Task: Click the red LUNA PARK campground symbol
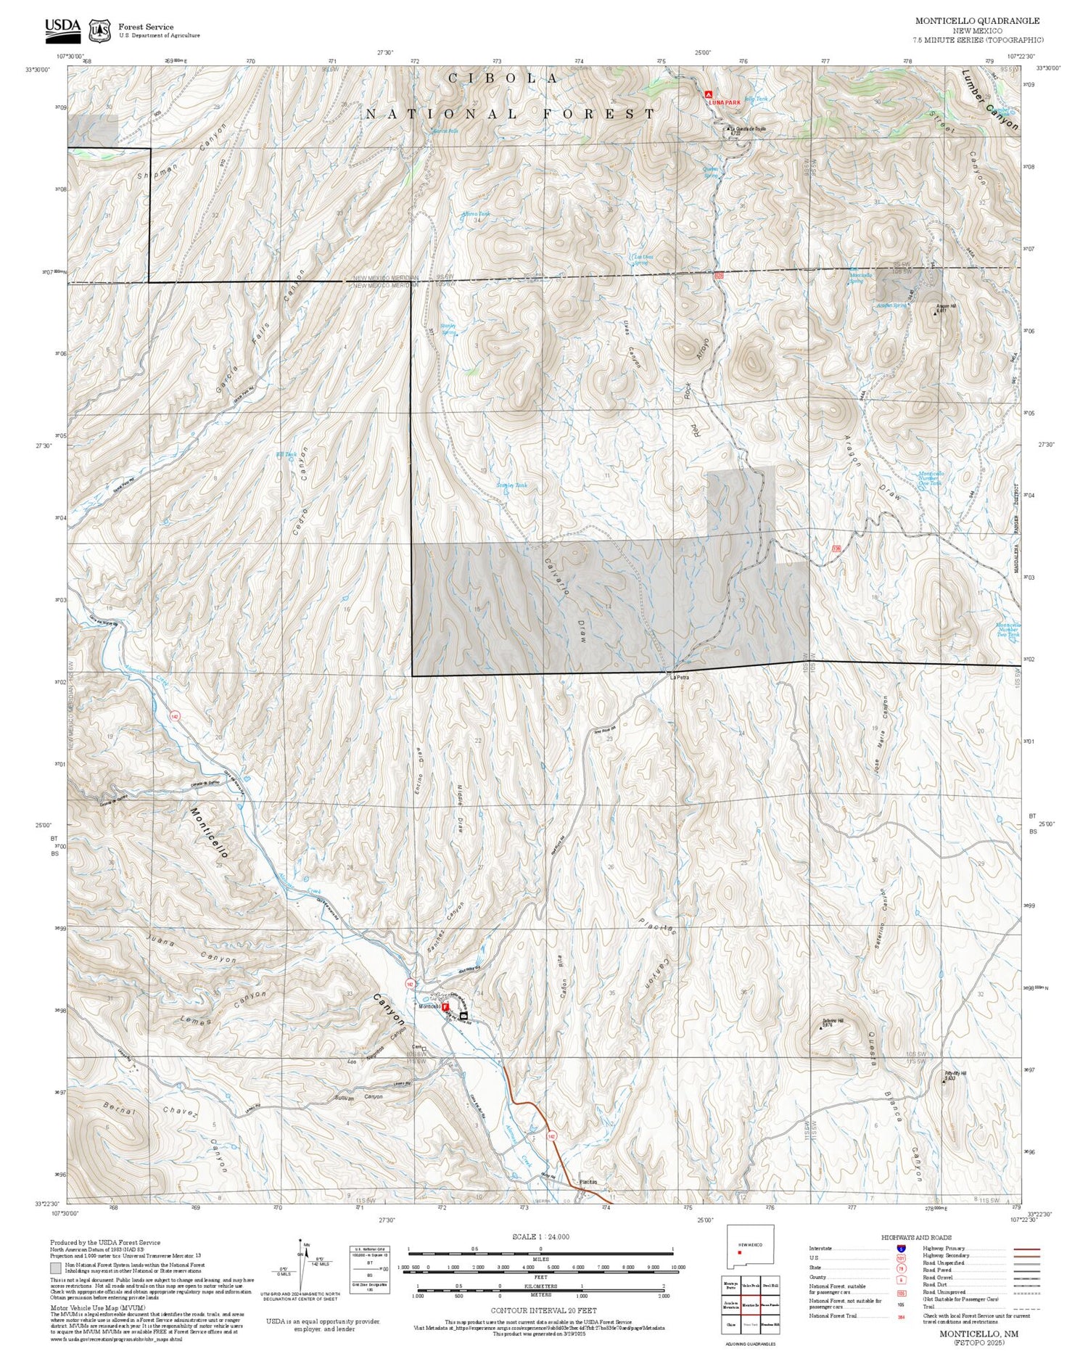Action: [x=709, y=94]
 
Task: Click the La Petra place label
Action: [x=679, y=678]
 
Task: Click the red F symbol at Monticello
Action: [x=446, y=1008]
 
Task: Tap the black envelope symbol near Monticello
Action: [x=463, y=1017]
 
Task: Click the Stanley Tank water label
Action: [x=511, y=485]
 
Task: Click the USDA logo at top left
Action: [x=62, y=27]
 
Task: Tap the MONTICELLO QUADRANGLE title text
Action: [x=977, y=21]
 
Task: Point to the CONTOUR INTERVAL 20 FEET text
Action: [x=543, y=1311]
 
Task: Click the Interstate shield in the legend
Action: [x=902, y=1248]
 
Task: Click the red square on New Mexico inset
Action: [x=739, y=1252]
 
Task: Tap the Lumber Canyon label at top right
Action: [x=989, y=100]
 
